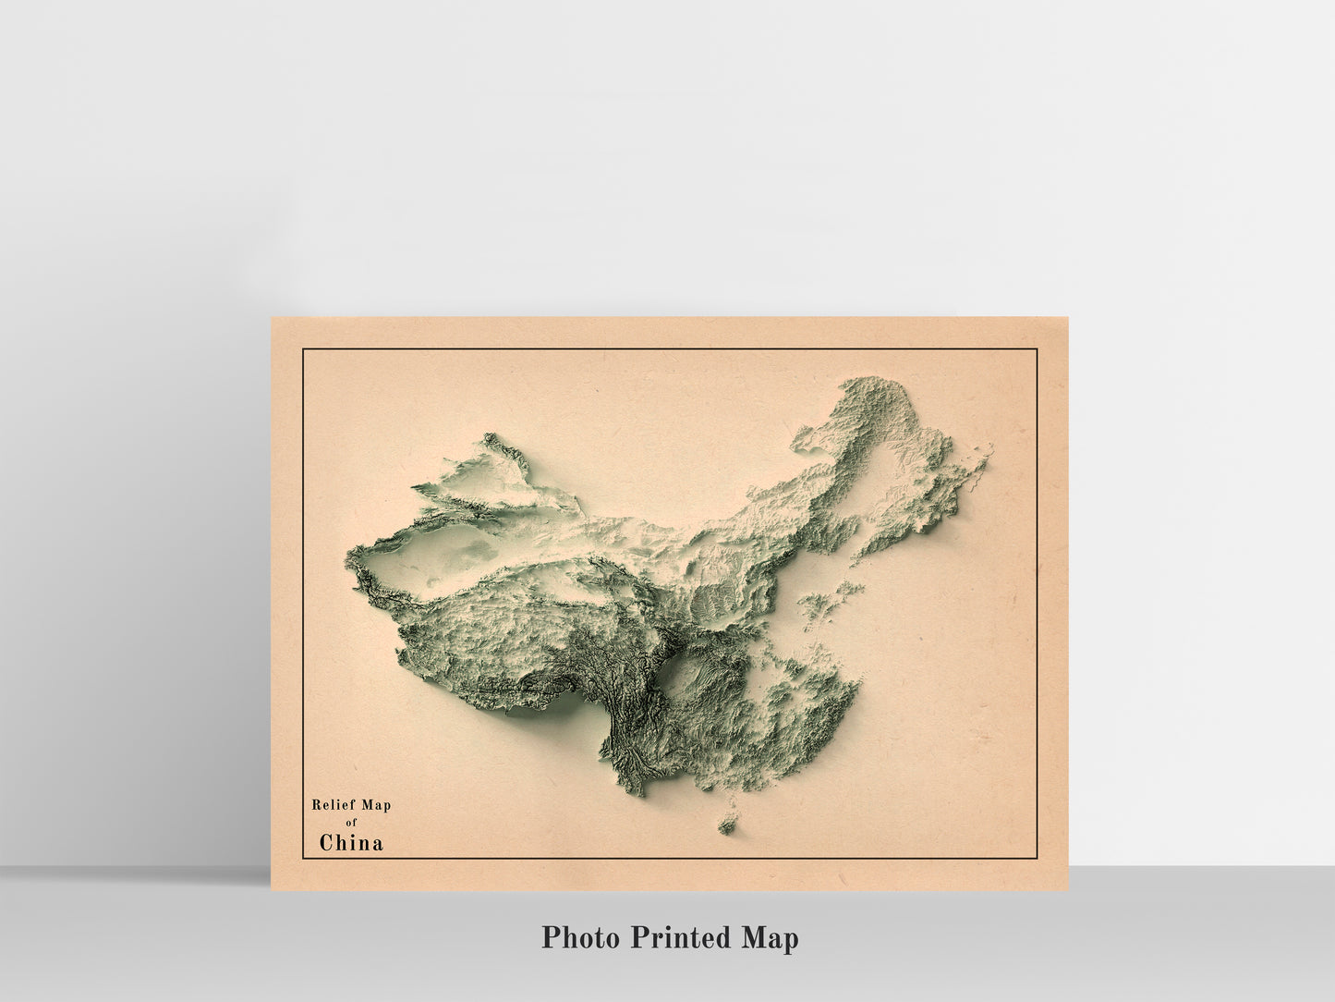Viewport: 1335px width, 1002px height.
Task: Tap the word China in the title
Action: point(351,842)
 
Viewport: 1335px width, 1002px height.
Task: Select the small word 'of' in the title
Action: point(351,823)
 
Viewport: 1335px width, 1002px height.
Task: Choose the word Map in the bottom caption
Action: point(769,938)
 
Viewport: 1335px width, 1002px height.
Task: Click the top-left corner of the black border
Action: point(303,349)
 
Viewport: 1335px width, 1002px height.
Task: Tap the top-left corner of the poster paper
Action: point(271,318)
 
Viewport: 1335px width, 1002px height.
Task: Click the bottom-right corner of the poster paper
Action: point(1069,891)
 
